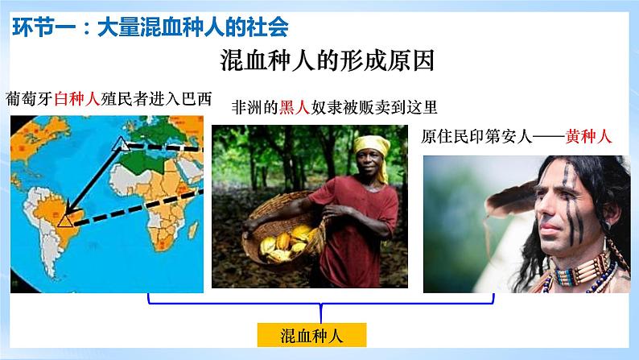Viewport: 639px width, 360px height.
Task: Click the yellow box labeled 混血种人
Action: click(320, 333)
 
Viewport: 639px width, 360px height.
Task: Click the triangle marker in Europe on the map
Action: click(121, 145)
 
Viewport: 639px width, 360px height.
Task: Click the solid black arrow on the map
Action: click(93, 181)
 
